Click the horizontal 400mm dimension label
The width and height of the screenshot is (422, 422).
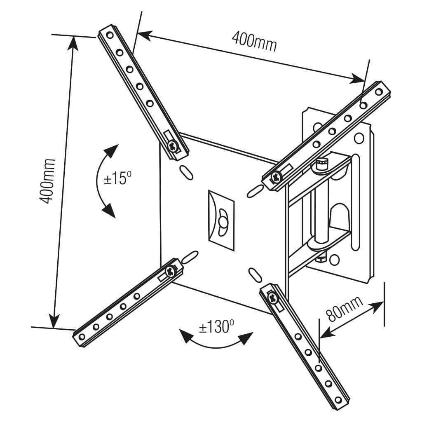(254, 41)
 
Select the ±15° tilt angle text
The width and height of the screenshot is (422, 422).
(117, 179)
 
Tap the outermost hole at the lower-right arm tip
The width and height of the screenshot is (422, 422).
(338, 400)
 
